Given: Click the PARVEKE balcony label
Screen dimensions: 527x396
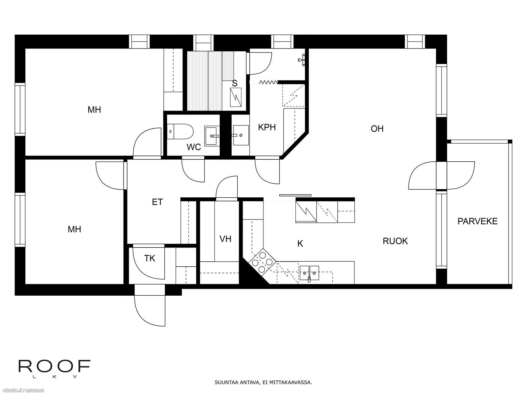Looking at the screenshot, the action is [477, 221].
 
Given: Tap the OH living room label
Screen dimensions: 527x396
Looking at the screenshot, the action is [377, 129].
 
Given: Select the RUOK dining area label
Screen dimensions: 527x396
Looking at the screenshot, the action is [395, 241].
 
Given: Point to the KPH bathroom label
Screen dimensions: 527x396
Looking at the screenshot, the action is [267, 127].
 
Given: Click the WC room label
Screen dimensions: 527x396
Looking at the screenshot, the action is [194, 147].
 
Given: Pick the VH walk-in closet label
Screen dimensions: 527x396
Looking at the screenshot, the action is [225, 239].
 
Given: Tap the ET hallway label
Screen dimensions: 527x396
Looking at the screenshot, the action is [157, 202].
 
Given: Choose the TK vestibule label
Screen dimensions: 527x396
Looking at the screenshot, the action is [150, 258].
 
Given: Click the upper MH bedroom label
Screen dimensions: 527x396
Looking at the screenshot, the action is [94, 110].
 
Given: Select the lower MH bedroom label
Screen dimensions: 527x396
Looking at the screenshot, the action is [74, 229].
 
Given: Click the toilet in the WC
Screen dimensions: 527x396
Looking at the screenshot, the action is [180, 132].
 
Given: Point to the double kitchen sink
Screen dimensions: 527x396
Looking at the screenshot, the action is [309, 273].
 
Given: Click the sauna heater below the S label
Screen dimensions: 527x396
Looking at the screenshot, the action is [236, 97].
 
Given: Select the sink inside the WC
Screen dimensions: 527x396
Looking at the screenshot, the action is [212, 136].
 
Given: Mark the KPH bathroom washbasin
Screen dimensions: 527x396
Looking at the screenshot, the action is [240, 135].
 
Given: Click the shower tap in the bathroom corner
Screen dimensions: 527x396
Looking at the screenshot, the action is [302, 59].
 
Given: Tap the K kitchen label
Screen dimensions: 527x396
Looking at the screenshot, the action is [300, 244].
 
